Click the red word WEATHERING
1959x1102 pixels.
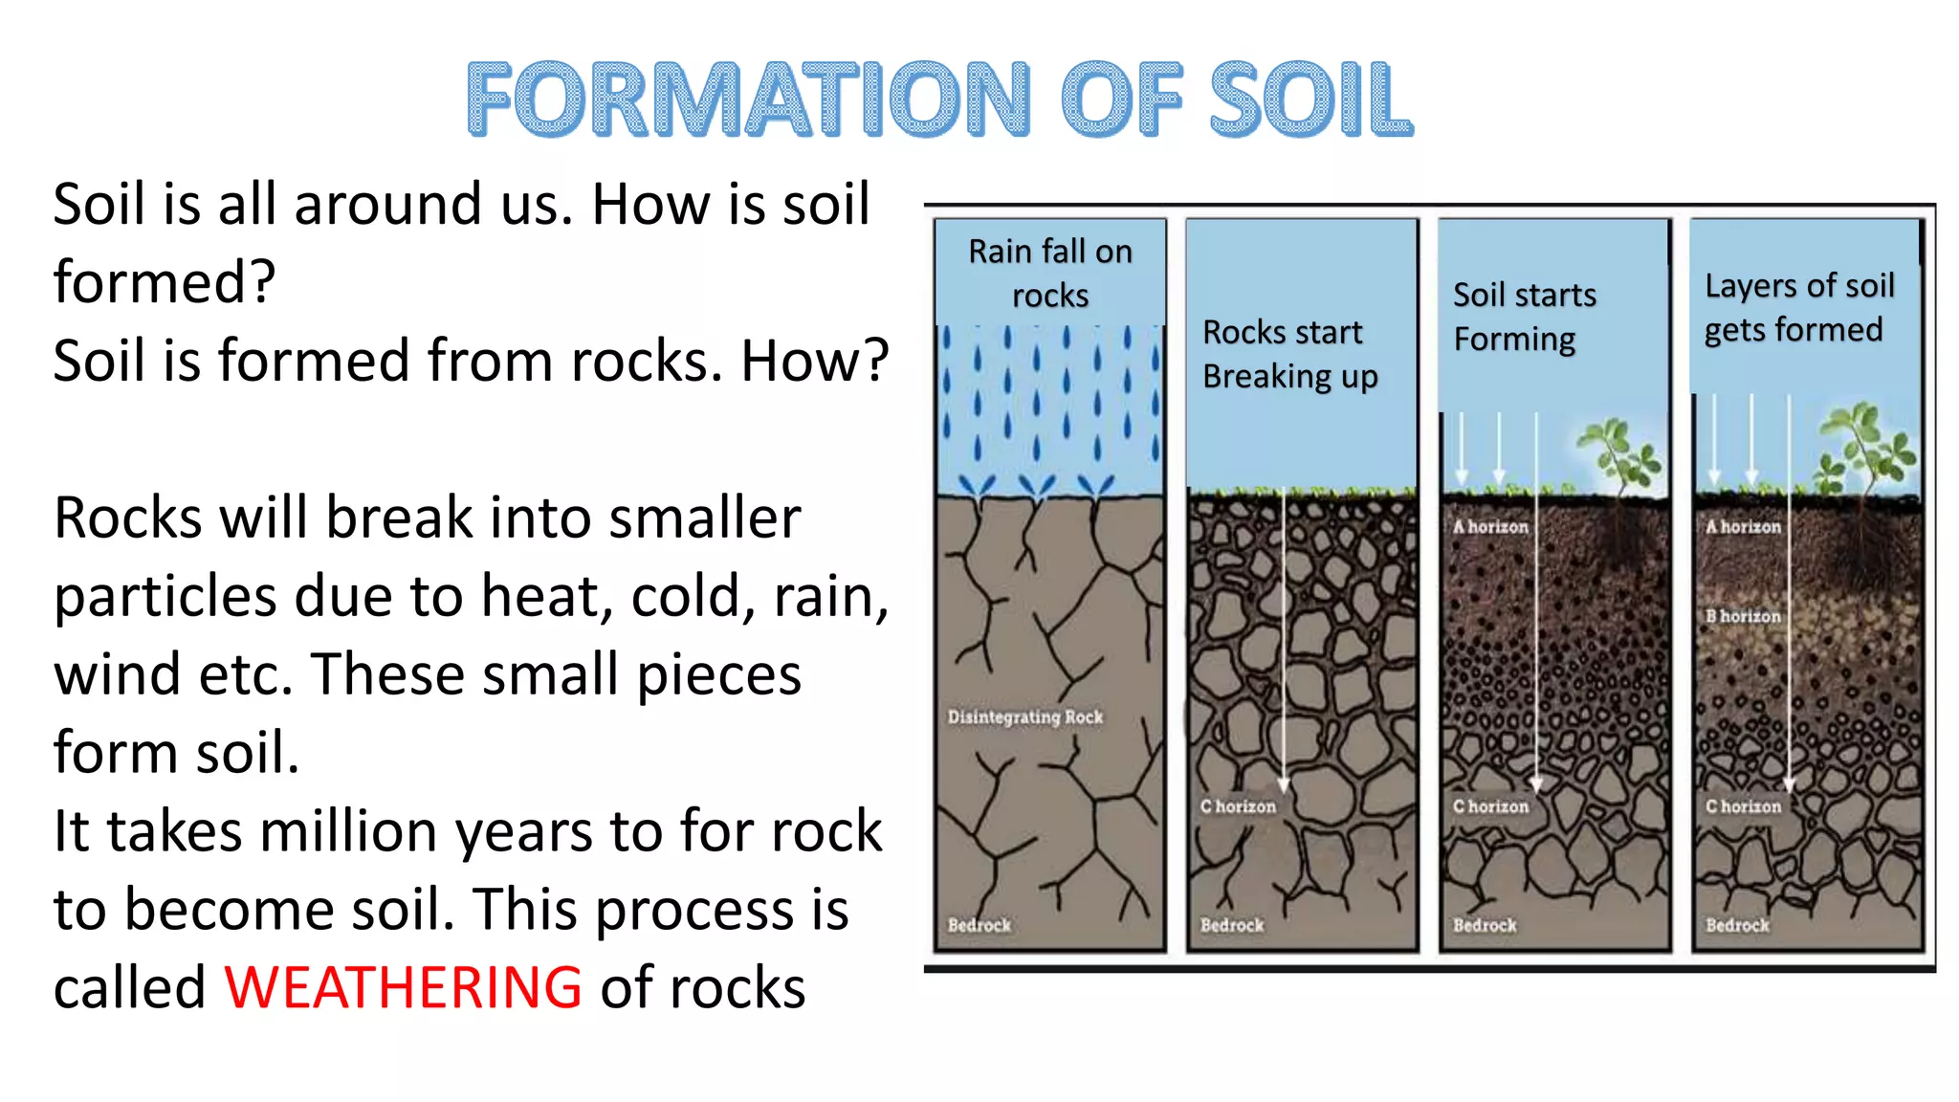point(403,987)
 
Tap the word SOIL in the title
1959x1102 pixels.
point(1310,99)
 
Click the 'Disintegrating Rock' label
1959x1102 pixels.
point(1024,716)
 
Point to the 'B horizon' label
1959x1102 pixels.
point(1743,616)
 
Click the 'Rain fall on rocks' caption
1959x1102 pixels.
point(1050,273)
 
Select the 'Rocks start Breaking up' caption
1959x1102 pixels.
point(1289,354)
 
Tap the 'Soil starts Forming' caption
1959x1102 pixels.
point(1524,317)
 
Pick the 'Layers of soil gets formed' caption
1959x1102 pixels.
point(1798,307)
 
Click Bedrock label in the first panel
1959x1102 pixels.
point(979,925)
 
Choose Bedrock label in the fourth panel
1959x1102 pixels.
point(1737,925)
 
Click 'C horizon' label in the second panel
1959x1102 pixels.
point(1238,806)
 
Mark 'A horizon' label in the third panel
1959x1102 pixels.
point(1490,526)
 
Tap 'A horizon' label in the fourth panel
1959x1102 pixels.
point(1743,526)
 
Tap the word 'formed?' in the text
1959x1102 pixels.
point(165,282)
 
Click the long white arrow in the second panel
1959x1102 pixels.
point(1284,641)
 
